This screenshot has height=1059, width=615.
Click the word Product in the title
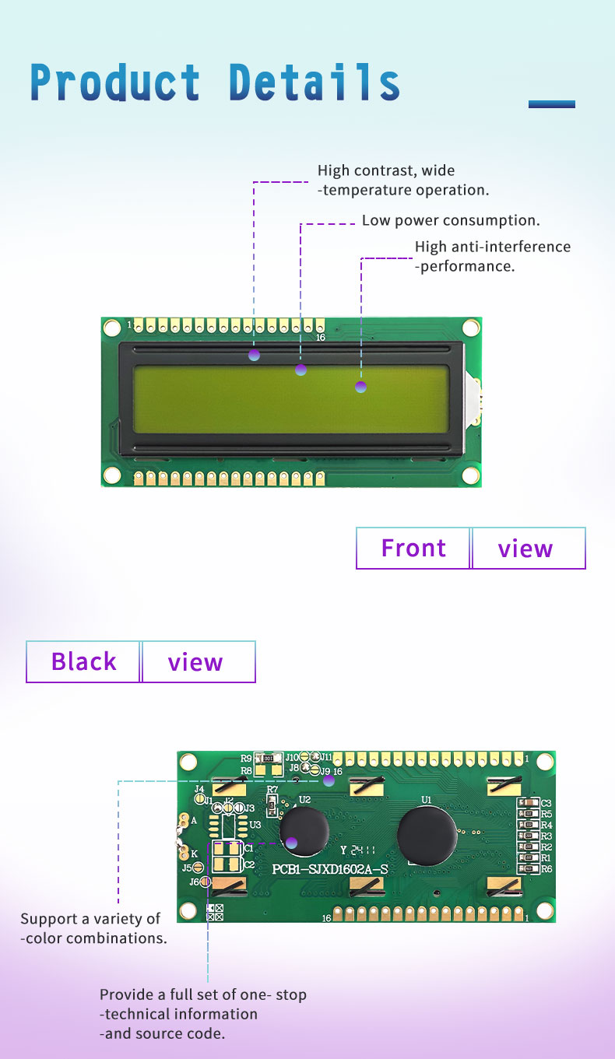pos(115,82)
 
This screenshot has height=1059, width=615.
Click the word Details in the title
pos(315,82)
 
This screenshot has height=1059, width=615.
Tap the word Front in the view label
pos(413,549)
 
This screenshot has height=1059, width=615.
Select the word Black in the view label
pos(83,662)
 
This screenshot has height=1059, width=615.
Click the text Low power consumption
pos(451,220)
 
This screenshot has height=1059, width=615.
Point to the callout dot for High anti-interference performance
pos(360,387)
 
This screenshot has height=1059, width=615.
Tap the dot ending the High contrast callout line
pos(254,355)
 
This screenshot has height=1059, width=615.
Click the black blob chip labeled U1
pos(427,835)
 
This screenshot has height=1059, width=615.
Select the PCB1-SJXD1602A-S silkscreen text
pos(331,868)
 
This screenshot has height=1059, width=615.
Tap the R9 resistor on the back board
pos(269,758)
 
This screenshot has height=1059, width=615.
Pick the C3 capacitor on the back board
pos(529,803)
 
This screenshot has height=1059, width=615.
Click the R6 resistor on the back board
pos(529,868)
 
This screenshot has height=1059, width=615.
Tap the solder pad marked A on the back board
pos(184,820)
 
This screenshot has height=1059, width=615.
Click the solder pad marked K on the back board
pos(184,853)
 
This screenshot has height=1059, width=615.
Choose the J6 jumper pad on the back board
pos(206,882)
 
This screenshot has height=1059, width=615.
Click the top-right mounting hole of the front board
pos(470,328)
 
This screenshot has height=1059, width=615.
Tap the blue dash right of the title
pos(551,104)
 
